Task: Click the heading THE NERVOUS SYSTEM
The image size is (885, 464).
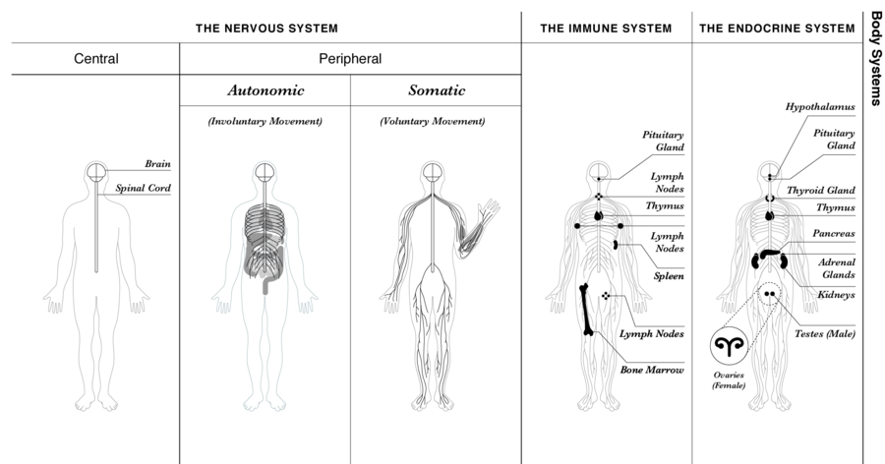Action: (x=266, y=29)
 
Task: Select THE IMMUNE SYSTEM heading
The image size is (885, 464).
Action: (x=606, y=29)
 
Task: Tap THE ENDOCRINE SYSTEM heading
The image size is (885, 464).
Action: (x=777, y=29)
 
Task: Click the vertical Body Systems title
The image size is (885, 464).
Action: (x=874, y=59)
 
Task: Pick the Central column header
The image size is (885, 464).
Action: (x=96, y=59)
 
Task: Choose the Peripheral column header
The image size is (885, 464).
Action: (x=350, y=59)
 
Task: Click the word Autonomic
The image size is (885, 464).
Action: (x=265, y=90)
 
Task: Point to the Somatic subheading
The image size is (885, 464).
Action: (x=437, y=90)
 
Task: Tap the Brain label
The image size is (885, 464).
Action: (x=157, y=164)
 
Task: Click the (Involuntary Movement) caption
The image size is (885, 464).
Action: (x=265, y=121)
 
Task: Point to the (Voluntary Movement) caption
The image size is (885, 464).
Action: (x=433, y=121)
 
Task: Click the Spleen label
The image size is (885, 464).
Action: (x=669, y=276)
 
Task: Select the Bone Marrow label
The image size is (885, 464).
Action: (x=651, y=370)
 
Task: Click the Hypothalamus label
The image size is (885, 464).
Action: (x=819, y=106)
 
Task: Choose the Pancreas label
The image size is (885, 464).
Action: (x=834, y=234)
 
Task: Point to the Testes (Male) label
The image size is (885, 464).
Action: (x=824, y=333)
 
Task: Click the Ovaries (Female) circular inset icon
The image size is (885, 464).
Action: (x=730, y=345)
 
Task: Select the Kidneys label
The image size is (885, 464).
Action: (x=837, y=294)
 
